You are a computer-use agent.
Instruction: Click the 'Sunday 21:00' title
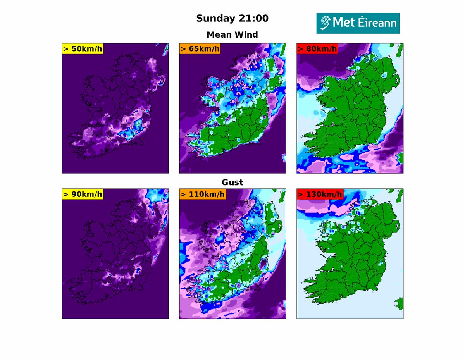pyautogui.click(x=232, y=18)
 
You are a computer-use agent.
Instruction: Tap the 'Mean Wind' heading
pyautogui.click(x=232, y=34)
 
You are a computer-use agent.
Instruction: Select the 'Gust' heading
pyautogui.click(x=232, y=182)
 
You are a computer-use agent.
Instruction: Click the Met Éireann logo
pyautogui.click(x=358, y=23)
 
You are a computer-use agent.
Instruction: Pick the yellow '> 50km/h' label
pyautogui.click(x=82, y=48)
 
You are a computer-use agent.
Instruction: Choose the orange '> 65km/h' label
pyautogui.click(x=200, y=48)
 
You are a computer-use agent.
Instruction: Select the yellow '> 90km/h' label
pyautogui.click(x=82, y=194)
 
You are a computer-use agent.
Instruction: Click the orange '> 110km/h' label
pyautogui.click(x=202, y=194)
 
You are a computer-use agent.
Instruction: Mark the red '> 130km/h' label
pyautogui.click(x=320, y=194)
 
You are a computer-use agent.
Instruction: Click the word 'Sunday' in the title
pyautogui.click(x=215, y=18)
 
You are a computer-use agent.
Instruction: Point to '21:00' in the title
pyautogui.click(x=254, y=18)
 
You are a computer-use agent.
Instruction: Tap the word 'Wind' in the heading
pyautogui.click(x=246, y=34)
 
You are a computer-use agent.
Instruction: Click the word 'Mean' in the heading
pyautogui.click(x=219, y=34)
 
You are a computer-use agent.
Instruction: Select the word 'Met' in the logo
pyautogui.click(x=343, y=23)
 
